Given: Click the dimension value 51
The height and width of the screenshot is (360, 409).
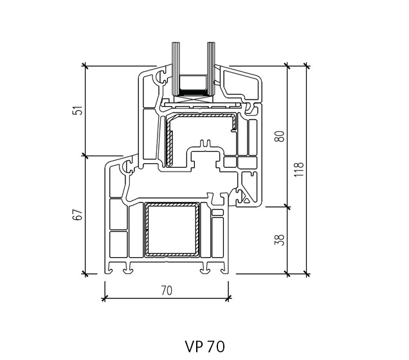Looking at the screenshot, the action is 77,111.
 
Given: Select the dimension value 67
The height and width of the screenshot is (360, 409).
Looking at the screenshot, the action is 77,215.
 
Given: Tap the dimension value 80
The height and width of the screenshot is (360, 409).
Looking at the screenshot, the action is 279,136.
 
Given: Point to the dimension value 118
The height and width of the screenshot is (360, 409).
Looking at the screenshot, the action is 299,170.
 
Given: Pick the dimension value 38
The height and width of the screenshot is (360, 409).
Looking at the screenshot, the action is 279,240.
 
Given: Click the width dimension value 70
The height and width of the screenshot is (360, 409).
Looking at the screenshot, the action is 167,291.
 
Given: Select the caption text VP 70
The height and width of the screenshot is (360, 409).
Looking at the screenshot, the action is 204,346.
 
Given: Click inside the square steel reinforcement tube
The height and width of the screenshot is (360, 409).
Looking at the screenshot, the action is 172,230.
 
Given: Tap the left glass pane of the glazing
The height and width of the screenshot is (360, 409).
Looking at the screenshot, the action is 176,69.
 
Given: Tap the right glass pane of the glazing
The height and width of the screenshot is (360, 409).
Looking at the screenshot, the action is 211,69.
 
